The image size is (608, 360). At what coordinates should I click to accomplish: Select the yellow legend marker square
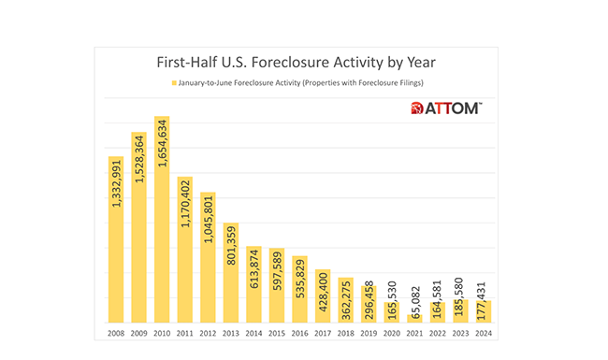click(174, 84)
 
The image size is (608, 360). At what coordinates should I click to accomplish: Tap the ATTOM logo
click(446, 109)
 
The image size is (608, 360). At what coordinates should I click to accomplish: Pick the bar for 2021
click(414, 318)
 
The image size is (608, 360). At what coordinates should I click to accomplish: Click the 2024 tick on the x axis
click(483, 332)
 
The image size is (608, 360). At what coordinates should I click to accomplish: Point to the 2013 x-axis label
click(230, 332)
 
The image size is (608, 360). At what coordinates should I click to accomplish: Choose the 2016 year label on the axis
click(299, 332)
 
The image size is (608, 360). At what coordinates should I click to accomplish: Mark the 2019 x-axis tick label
click(369, 332)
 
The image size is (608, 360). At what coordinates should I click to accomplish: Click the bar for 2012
click(208, 257)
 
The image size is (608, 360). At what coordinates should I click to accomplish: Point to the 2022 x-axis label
click(437, 332)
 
